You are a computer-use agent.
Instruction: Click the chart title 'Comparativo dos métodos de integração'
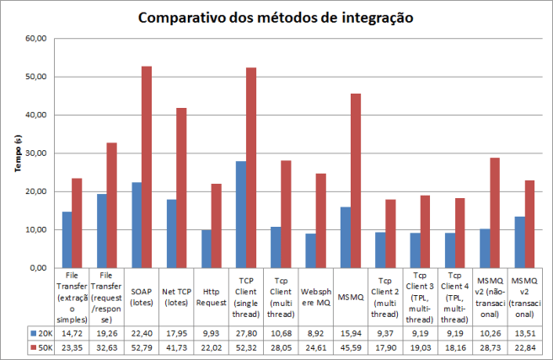tap(276, 18)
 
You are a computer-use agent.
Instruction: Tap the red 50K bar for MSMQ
tap(355, 180)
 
